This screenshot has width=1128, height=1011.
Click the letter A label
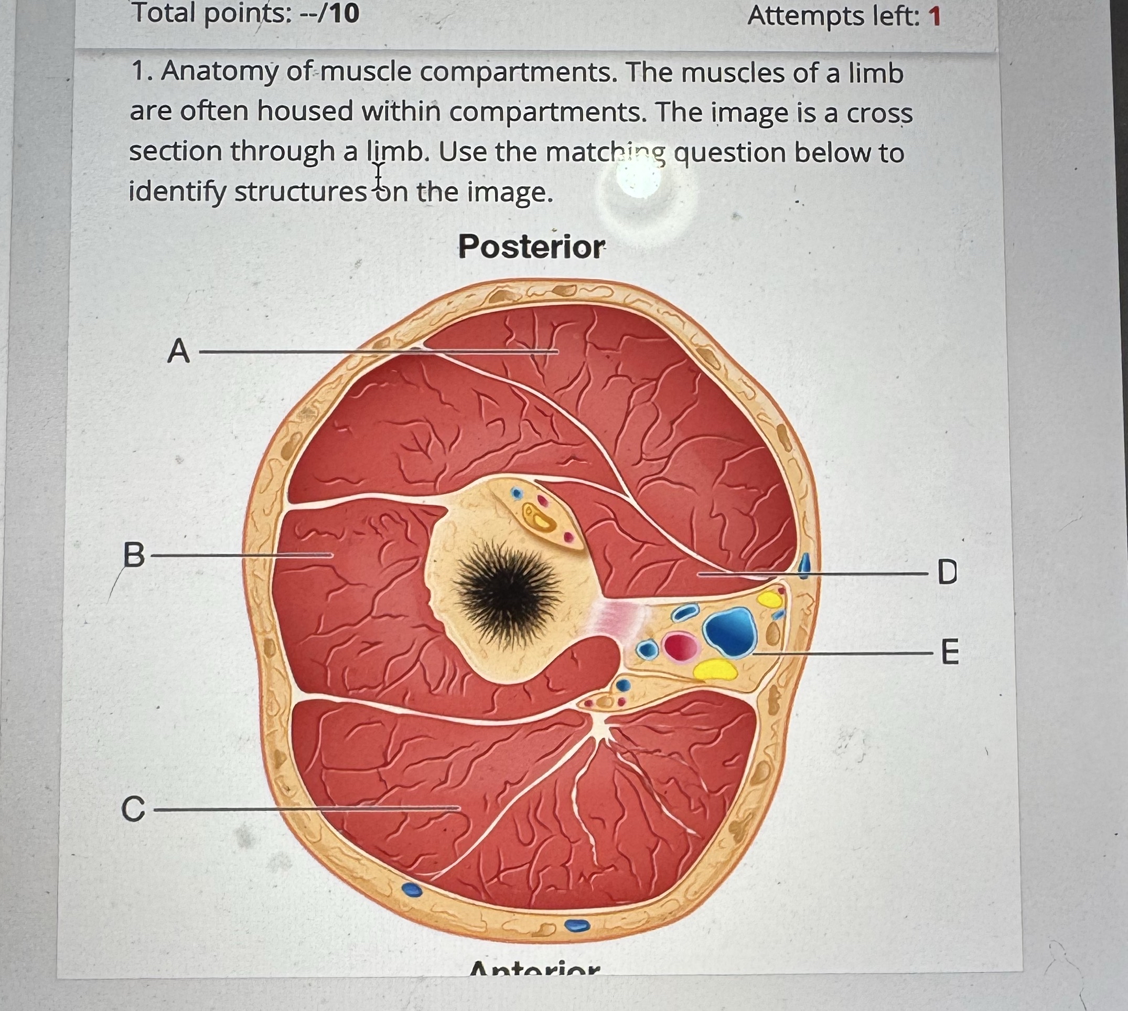coord(178,351)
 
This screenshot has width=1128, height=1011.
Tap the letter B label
coord(133,555)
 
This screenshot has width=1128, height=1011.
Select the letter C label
coord(133,809)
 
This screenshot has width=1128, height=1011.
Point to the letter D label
coord(947,572)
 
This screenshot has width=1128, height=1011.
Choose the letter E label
coord(950,652)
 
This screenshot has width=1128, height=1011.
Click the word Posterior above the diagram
coord(531,247)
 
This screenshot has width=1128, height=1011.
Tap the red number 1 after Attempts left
coord(935,17)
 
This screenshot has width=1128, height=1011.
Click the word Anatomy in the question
coord(220,73)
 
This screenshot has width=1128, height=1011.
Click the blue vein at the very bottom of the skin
coord(577,925)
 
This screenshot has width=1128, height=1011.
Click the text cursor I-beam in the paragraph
coord(379,177)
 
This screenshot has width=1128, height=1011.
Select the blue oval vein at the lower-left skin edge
coord(411,889)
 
